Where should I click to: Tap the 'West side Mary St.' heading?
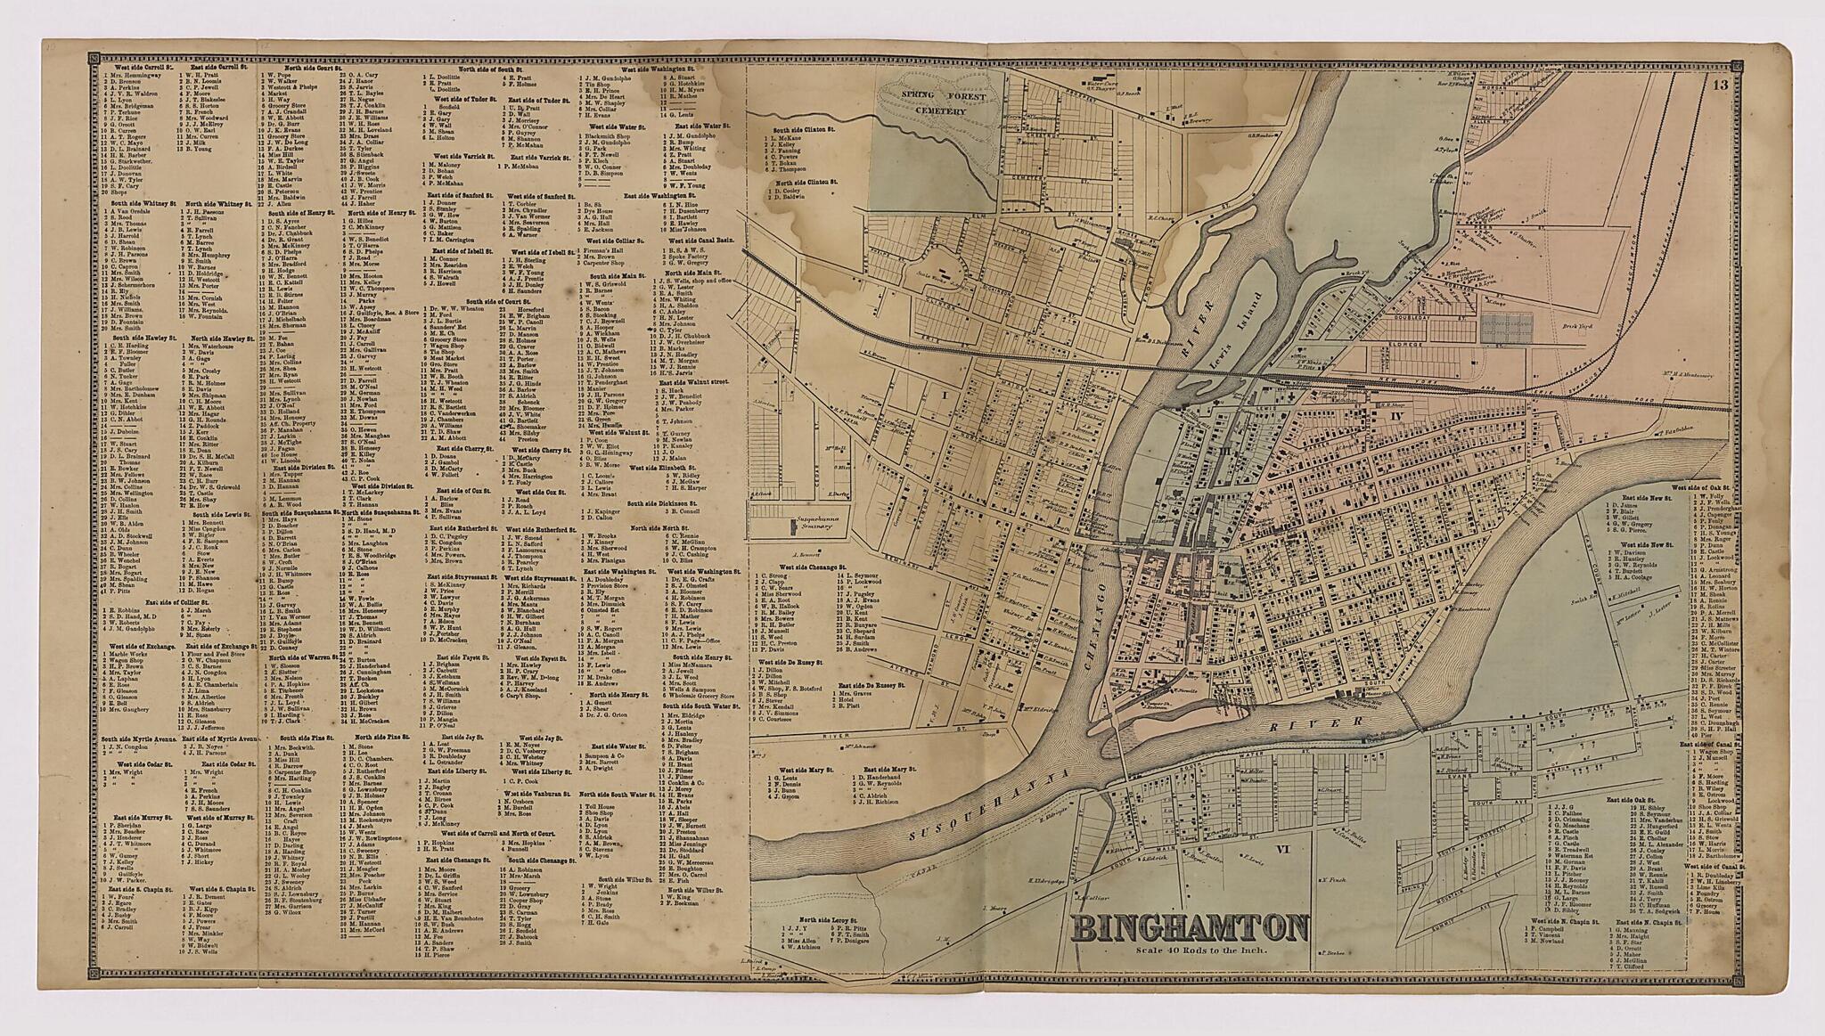pos(806,768)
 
